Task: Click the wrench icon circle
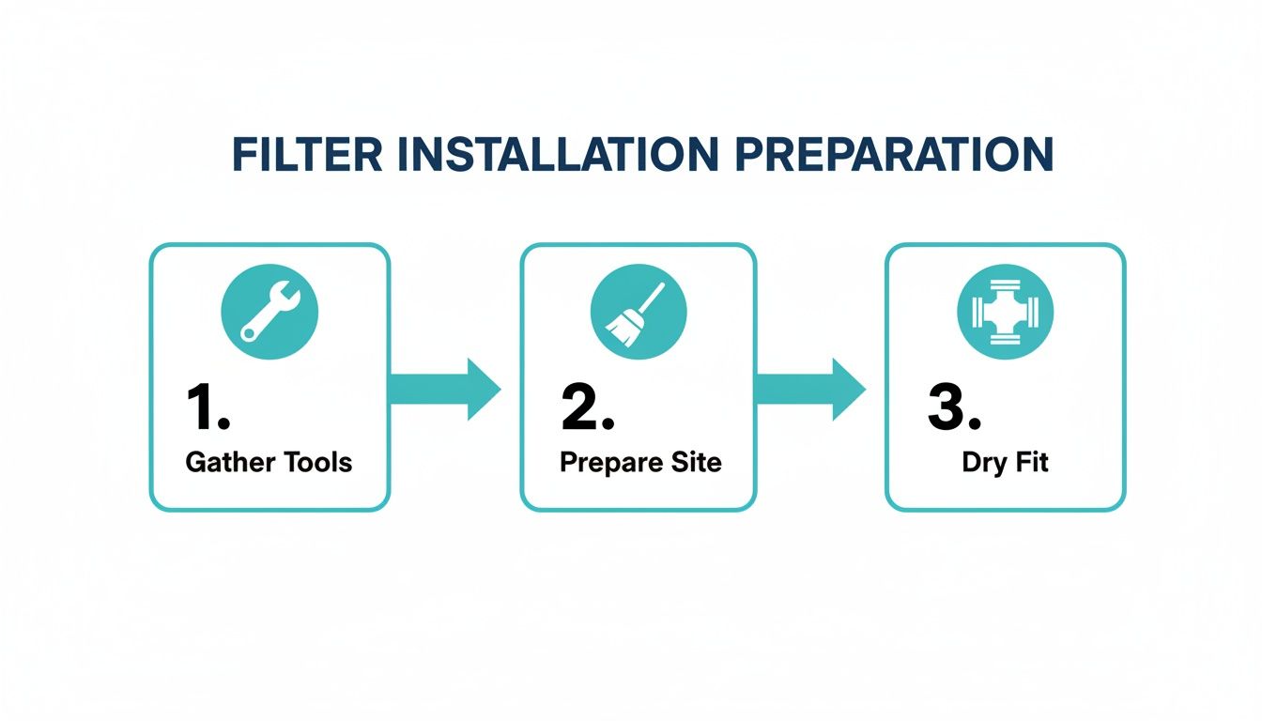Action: (x=269, y=311)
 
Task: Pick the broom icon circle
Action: (x=639, y=311)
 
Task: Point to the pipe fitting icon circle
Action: (x=1005, y=311)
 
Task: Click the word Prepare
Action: (x=604, y=463)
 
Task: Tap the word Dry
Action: (x=983, y=463)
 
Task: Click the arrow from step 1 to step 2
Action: (x=444, y=388)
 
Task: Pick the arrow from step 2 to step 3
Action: (x=809, y=388)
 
